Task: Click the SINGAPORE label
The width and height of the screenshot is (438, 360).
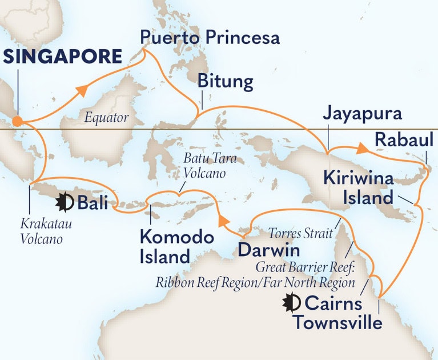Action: click(x=63, y=57)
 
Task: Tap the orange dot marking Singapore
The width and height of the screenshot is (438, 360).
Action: click(x=18, y=121)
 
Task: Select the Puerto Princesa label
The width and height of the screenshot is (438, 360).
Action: click(x=210, y=38)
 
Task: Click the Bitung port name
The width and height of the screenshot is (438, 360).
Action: click(x=225, y=82)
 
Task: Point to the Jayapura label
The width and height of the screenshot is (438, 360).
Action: click(x=362, y=113)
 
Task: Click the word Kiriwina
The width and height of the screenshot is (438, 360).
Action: click(x=359, y=178)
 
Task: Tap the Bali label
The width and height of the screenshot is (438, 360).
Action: click(x=92, y=202)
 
